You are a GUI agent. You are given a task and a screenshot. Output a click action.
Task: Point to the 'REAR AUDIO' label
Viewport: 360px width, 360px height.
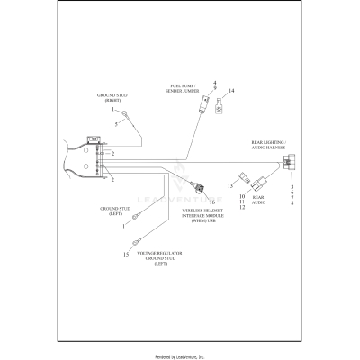click(x=259, y=200)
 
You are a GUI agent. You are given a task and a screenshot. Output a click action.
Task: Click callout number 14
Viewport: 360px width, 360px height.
click(x=231, y=91)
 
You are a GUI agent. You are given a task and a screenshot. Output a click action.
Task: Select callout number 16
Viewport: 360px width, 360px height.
click(x=212, y=202)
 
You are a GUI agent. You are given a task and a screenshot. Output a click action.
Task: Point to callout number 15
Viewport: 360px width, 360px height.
click(x=125, y=255)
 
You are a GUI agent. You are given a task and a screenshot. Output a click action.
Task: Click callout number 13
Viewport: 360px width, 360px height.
click(x=229, y=185)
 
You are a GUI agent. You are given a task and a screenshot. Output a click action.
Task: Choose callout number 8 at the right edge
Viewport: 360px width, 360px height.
click(x=292, y=204)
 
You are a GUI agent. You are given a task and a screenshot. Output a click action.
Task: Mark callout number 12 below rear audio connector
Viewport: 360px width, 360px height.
click(x=241, y=207)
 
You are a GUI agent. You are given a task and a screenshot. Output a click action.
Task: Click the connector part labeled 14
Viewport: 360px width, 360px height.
click(x=220, y=106)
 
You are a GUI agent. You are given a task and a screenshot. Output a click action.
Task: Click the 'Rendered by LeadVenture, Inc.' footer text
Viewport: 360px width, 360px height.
click(x=180, y=355)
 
